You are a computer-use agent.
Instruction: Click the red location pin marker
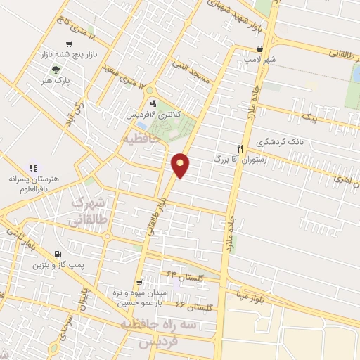[181, 164]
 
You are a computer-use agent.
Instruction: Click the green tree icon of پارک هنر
[56, 70]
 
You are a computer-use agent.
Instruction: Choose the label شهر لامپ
[262, 60]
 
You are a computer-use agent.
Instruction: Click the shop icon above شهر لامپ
[261, 49]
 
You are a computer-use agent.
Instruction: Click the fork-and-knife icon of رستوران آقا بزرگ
[240, 148]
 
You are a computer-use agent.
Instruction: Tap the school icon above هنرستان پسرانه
[32, 168]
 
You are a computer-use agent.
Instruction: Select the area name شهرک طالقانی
[89, 212]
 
